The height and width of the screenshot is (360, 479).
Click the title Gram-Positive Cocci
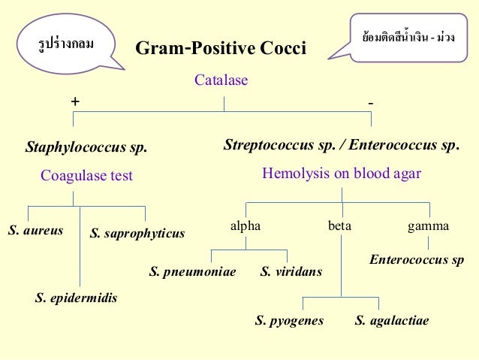220,50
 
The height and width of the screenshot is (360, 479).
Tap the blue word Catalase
221,80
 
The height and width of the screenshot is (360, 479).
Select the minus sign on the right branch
371,101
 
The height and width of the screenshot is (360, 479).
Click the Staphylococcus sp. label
86,147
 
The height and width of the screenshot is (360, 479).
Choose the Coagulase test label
86,176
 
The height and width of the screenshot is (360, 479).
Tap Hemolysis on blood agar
342,174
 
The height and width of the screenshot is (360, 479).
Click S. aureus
35,230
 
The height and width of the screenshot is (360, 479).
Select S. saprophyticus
137,234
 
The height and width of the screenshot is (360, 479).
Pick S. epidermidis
76,298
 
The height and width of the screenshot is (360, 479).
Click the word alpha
246,225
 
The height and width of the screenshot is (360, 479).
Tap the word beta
339,225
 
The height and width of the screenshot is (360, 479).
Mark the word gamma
428,225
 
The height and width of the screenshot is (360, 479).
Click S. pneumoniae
193,271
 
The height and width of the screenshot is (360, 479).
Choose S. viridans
291,271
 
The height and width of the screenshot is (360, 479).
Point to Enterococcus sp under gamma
417,260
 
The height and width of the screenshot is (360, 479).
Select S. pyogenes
289,321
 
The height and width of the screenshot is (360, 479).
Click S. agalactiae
392,321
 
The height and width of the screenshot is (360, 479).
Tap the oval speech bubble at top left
66,44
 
